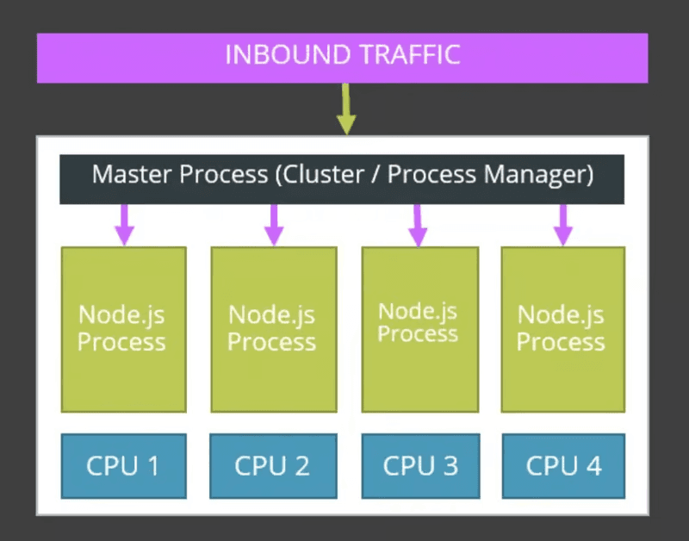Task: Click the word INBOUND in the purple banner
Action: (x=288, y=54)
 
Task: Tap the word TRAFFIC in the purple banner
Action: (x=410, y=54)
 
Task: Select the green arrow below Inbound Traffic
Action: (x=346, y=109)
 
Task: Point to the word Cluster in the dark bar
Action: (x=323, y=174)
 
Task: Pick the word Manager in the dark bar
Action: (x=534, y=176)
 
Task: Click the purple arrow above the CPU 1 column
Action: (x=124, y=225)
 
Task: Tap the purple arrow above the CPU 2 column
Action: (x=274, y=225)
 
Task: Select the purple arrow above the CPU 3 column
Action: (x=418, y=226)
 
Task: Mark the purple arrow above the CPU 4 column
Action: (x=563, y=225)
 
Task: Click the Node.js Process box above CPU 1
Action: (x=124, y=330)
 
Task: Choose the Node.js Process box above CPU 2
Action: (x=274, y=330)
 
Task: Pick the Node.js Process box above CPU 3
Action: (x=420, y=330)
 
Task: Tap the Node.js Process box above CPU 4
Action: (x=563, y=330)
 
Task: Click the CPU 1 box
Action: (x=124, y=466)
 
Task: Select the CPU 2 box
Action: (x=273, y=466)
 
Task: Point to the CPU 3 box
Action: (x=420, y=466)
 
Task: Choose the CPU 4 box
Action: (x=563, y=466)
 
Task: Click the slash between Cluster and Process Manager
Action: (x=376, y=175)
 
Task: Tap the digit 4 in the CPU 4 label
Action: (x=593, y=466)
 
